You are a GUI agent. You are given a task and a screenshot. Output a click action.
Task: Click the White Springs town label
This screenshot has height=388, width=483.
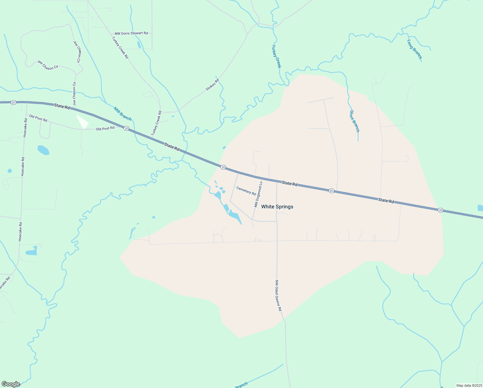tap(277, 207)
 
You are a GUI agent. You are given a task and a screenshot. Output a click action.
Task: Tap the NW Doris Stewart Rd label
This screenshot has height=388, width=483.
tap(131, 33)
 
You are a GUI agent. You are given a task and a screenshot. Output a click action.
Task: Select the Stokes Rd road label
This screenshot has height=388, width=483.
tap(212, 84)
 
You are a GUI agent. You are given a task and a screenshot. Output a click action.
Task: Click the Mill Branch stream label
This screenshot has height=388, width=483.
tap(122, 113)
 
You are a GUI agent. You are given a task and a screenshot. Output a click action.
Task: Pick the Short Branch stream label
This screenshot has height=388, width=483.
tap(354, 121)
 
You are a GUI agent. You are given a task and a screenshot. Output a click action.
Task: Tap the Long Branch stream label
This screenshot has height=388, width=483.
tap(414, 49)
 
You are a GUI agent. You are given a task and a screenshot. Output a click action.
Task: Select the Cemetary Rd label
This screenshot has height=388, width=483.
tap(246, 191)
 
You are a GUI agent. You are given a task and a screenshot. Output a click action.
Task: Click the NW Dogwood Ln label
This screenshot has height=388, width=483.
tap(258, 194)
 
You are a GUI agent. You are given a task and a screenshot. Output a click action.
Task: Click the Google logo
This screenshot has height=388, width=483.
tap(11, 384)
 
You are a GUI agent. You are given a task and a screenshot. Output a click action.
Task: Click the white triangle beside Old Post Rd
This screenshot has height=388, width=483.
tap(83, 122)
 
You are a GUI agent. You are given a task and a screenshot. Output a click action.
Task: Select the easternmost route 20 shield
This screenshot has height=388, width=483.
tap(440, 210)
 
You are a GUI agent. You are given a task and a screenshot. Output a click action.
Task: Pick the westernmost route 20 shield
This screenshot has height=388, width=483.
tap(13, 102)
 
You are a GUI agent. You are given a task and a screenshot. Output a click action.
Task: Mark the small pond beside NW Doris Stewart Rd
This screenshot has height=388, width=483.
tap(139, 45)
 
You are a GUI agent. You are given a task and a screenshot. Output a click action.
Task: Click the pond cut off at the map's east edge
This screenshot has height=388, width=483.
tap(480, 208)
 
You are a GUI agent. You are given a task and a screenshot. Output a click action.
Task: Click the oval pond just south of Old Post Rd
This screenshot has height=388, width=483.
tap(43, 150)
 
